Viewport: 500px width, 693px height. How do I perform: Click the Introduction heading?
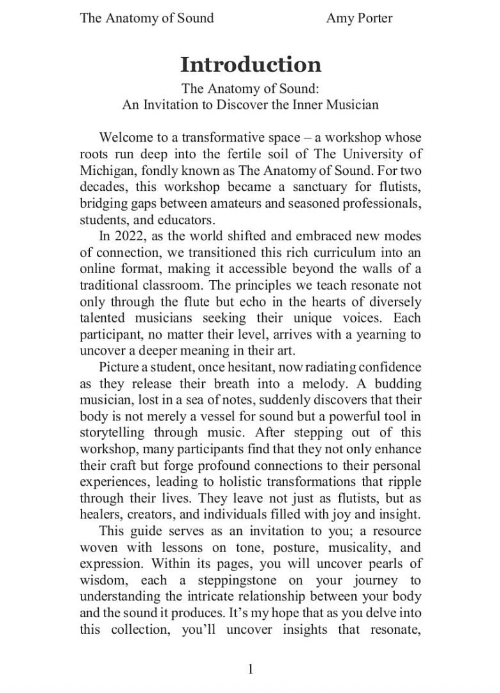250,64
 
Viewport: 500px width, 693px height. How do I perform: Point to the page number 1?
250,669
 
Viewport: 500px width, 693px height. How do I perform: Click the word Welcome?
125,137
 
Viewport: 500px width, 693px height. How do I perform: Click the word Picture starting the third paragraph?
119,367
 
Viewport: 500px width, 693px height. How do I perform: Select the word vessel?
217,417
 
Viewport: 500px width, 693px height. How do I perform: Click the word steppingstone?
237,580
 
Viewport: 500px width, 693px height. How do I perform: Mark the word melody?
324,384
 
